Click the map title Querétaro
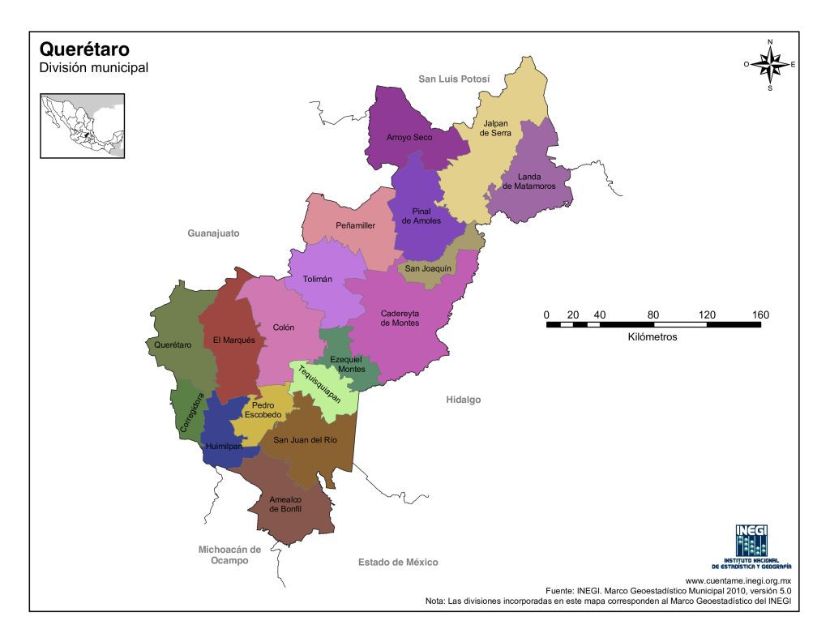(84, 50)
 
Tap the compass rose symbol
(770, 64)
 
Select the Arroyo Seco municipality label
(409, 138)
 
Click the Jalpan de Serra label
(494, 128)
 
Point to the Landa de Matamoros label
(528, 182)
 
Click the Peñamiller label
(355, 225)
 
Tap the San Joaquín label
(428, 268)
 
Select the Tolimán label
(317, 279)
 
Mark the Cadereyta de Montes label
(400, 318)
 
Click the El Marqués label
(233, 340)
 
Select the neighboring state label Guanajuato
(213, 233)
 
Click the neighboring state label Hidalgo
(463, 400)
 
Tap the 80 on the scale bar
(653, 315)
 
